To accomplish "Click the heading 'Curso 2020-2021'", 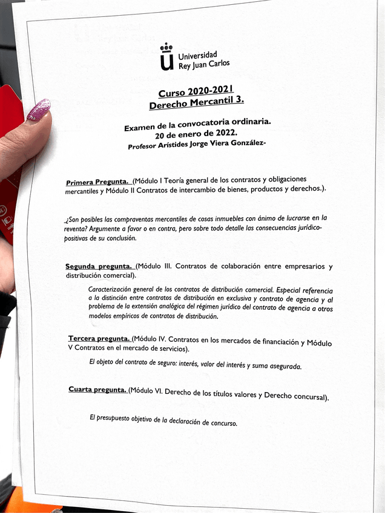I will pyautogui.click(x=196, y=91).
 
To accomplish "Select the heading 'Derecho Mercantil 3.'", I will pyautogui.click(x=196, y=103).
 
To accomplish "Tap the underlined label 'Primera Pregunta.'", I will pyautogui.click(x=97, y=181).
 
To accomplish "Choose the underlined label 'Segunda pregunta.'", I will pyautogui.click(x=99, y=266).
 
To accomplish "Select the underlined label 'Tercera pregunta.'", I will pyautogui.click(x=99, y=338).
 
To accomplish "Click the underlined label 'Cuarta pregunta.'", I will pyautogui.click(x=97, y=390).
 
